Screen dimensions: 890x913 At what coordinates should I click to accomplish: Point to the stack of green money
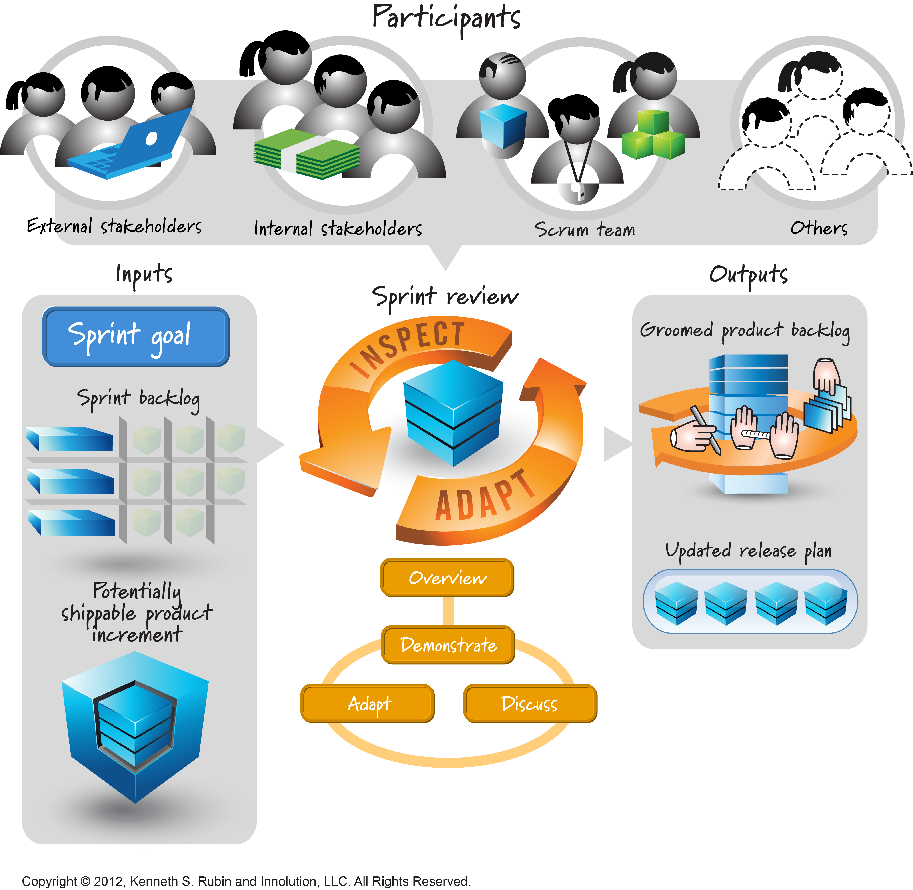306,154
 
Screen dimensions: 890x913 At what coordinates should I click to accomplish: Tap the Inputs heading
144,274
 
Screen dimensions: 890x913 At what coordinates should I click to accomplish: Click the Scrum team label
584,230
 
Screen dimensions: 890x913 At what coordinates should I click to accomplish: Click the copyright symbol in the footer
85,882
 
